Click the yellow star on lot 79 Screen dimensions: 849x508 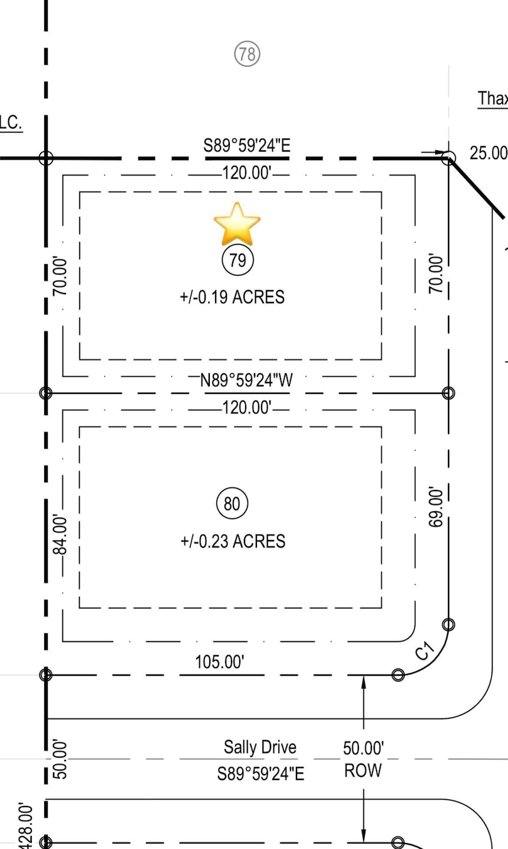237,224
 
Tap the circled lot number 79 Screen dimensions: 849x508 237,260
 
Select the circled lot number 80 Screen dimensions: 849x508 232,504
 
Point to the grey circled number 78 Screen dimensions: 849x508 247,54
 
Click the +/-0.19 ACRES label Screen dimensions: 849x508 232,297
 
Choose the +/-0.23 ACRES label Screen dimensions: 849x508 233,541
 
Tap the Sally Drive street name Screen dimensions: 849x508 260,747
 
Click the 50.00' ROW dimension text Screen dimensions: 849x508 363,759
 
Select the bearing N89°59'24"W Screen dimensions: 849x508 246,380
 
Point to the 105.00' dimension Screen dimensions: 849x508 219,662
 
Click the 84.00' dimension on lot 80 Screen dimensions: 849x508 60,535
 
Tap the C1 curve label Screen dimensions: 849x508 424,651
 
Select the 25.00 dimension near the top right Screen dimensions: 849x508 488,153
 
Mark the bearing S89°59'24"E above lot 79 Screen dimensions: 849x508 247,145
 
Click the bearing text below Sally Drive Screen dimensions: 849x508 260,774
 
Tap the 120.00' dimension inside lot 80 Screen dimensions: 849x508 247,407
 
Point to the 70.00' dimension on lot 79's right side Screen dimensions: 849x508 435,274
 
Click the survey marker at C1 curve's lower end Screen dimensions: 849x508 398,674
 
